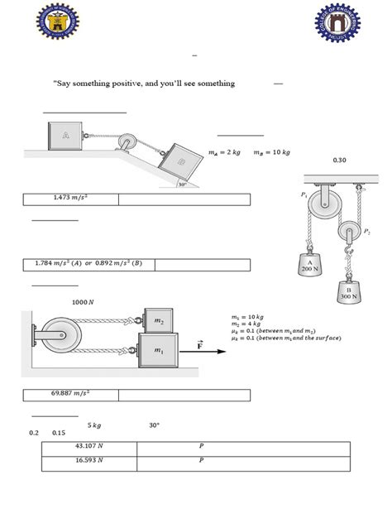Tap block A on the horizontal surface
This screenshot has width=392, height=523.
65,135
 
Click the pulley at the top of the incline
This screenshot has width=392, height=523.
127,143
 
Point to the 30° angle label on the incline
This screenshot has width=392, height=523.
182,185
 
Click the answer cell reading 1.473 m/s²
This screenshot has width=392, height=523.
70,199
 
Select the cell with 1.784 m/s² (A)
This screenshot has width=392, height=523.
88,264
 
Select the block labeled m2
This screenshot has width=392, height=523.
158,319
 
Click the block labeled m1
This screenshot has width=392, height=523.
158,350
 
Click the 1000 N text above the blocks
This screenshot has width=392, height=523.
84,302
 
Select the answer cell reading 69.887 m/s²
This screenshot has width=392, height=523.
70,394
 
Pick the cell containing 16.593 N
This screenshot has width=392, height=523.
89,461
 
